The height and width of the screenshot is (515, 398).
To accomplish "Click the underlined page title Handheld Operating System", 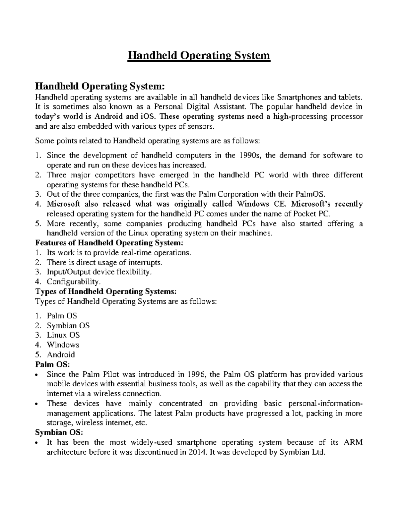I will [199, 55].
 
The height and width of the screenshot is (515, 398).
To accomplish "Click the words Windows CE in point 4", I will [258, 204].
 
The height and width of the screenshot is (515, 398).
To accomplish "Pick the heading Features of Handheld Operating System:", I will [109, 243].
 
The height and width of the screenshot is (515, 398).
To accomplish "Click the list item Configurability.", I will [73, 282].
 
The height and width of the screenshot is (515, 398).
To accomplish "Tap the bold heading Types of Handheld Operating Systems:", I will [106, 291].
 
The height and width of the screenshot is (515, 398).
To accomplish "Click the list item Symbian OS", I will [68, 325].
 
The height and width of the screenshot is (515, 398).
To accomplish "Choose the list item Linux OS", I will [63, 335].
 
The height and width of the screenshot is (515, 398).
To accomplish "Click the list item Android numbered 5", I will [61, 354].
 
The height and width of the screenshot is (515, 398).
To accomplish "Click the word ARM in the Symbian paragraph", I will [354, 442].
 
